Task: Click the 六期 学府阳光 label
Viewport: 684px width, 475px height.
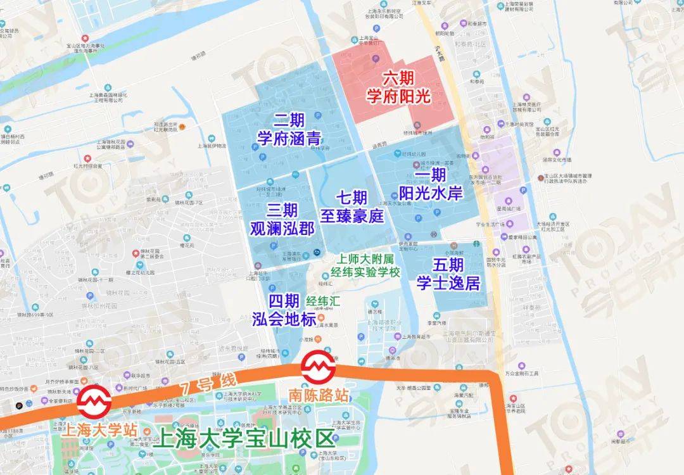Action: click(x=399, y=87)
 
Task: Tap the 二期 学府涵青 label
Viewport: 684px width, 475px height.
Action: click(x=288, y=129)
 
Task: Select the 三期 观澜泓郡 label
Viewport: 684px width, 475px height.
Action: click(x=282, y=219)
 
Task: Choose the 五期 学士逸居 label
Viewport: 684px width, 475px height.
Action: click(x=448, y=273)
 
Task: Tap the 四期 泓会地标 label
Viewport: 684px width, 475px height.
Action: click(x=283, y=309)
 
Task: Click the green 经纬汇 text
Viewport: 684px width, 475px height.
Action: click(x=324, y=301)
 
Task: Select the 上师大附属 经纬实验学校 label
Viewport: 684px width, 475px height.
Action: click(x=367, y=266)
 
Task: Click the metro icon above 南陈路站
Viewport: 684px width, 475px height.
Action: click(x=315, y=366)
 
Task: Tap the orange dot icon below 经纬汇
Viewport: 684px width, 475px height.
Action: click(x=321, y=317)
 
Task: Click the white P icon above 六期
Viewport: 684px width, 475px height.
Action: click(x=376, y=58)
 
